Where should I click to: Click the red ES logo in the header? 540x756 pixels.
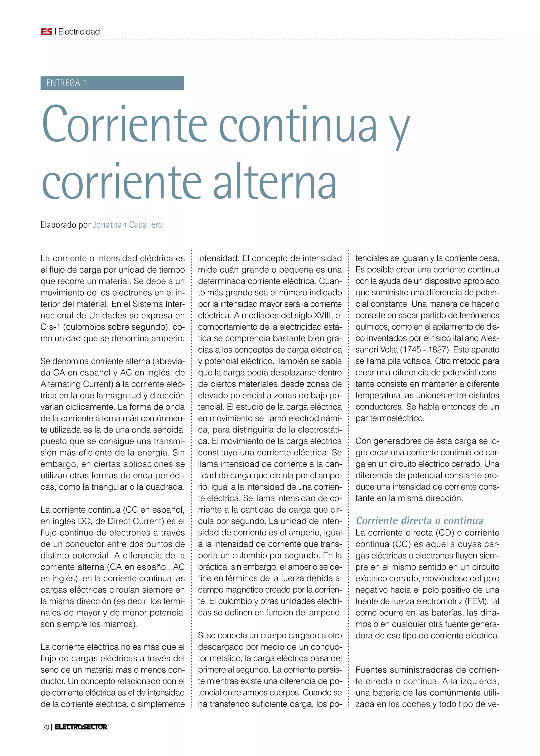click(47, 32)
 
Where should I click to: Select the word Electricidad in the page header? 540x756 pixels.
click(79, 32)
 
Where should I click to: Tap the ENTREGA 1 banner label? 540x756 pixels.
click(66, 83)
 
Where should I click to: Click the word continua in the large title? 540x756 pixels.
click(298, 126)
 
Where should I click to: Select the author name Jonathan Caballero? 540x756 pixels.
click(128, 225)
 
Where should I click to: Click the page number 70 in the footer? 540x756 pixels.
click(46, 727)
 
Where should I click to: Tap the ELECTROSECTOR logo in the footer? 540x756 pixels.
click(81, 727)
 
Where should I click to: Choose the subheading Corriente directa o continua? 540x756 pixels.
click(419, 521)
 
